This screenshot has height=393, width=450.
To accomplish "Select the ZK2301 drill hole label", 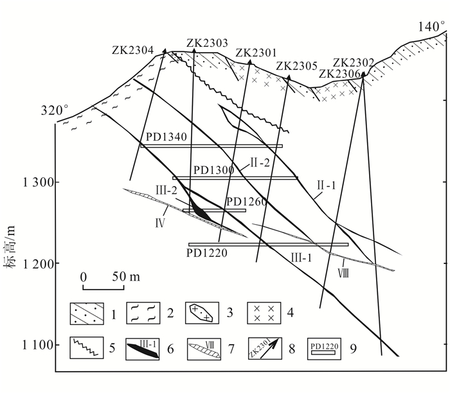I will pyautogui.click(x=256, y=53).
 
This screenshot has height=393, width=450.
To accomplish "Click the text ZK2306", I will pyautogui.click(x=340, y=73).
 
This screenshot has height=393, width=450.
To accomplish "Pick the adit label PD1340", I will pyautogui.click(x=166, y=137).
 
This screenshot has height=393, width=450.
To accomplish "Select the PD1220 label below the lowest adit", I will pyautogui.click(x=207, y=253).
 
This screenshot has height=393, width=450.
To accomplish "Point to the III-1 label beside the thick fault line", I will pyautogui.click(x=302, y=257).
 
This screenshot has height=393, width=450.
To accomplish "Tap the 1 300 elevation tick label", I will pyautogui.click(x=38, y=182).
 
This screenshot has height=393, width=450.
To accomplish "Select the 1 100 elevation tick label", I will pyautogui.click(x=38, y=345).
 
